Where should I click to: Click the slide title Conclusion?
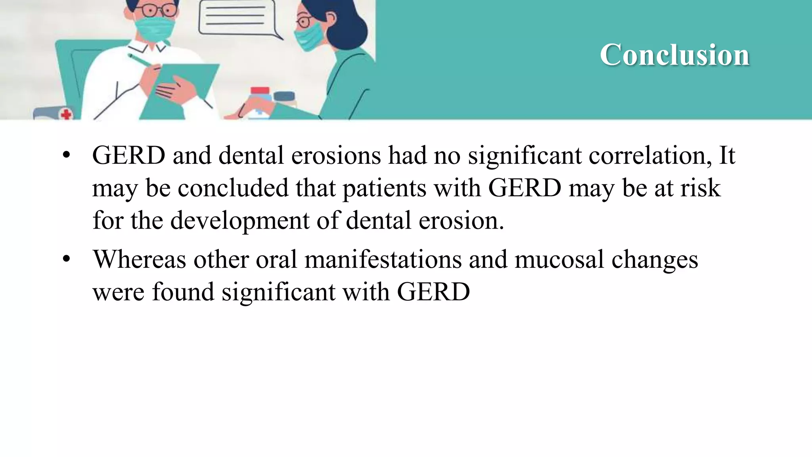[x=674, y=55]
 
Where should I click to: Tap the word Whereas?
[x=139, y=259]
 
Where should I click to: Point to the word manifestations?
[x=383, y=259]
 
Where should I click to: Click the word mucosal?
[x=559, y=259]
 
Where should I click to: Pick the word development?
[x=239, y=221]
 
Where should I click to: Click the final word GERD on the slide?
[x=433, y=292]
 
